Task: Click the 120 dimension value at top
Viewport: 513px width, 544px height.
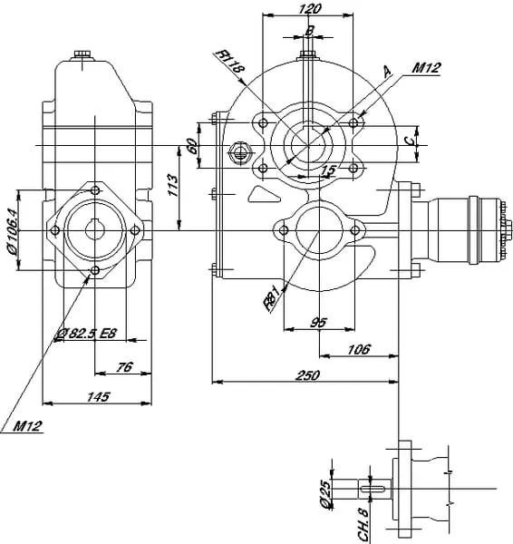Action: point(309,9)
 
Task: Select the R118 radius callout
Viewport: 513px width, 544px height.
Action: point(230,61)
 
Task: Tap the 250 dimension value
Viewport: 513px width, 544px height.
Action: point(307,375)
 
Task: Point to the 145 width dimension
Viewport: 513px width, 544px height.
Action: point(99,396)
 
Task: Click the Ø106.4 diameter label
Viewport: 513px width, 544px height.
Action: point(11,232)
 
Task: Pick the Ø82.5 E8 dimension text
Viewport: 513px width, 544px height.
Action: point(87,334)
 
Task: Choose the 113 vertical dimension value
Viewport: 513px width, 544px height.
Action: point(172,185)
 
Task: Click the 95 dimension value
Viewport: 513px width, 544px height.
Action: point(318,322)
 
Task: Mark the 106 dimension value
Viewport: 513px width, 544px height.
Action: point(359,349)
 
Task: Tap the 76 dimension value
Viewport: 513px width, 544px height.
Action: point(124,366)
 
